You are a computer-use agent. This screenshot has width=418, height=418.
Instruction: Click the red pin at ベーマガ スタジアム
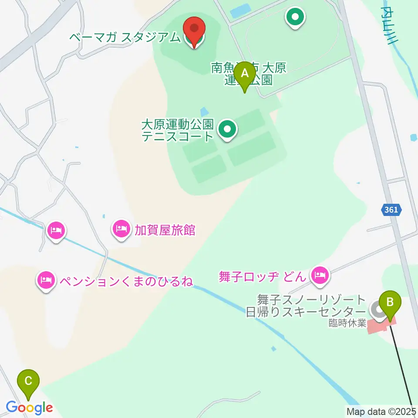click(194, 30)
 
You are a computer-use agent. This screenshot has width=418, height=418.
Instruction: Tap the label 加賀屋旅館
click(165, 229)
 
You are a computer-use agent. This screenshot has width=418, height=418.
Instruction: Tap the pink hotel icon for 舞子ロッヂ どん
click(320, 274)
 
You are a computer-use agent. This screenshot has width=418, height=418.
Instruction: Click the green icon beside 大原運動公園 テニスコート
click(226, 129)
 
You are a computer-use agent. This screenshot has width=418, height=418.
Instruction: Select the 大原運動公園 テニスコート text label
click(178, 130)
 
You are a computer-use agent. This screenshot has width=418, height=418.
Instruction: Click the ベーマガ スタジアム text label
click(125, 37)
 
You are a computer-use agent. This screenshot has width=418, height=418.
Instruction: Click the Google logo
click(30, 408)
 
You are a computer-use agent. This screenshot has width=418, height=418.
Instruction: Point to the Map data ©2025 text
click(381, 411)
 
